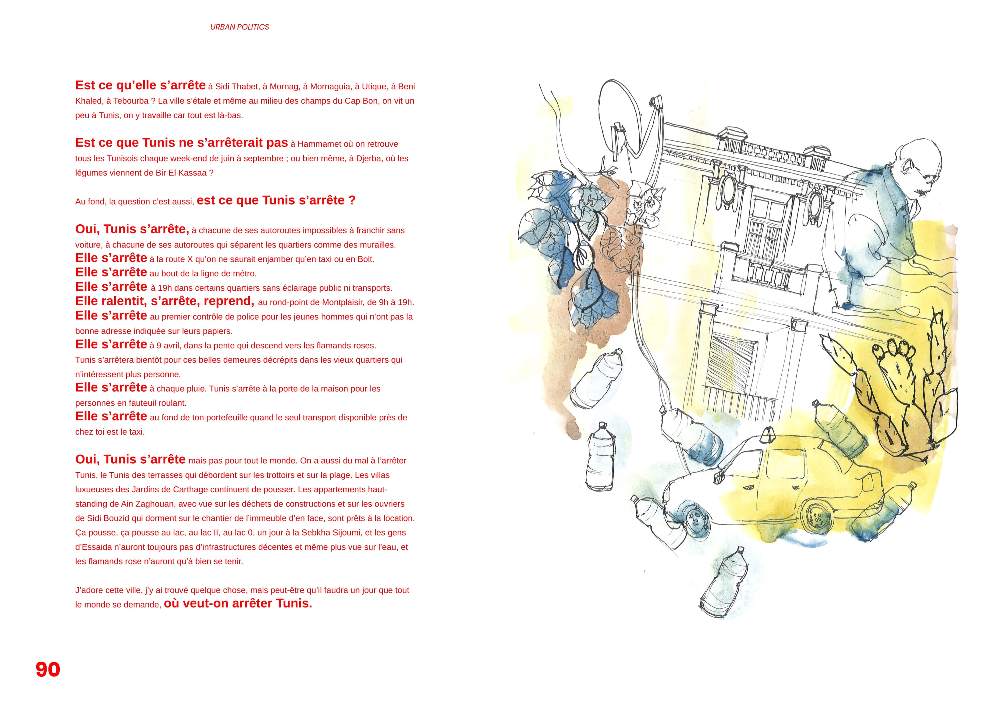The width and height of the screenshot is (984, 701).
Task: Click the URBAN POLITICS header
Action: (240, 27)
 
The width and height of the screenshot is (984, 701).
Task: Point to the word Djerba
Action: (367, 158)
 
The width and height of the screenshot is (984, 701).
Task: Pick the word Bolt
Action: (366, 259)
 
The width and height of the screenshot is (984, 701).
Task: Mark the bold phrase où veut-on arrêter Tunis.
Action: (238, 603)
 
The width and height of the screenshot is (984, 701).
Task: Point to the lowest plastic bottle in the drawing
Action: (723, 582)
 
